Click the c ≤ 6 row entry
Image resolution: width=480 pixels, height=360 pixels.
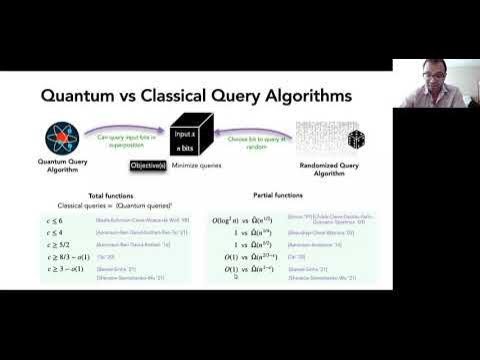(x=52, y=218)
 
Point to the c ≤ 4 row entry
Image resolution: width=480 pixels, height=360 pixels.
(x=52, y=231)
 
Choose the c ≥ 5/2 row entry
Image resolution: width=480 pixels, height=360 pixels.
(x=55, y=244)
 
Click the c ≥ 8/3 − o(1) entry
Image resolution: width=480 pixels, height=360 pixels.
(x=65, y=257)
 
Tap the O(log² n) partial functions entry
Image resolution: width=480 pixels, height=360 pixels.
(x=226, y=218)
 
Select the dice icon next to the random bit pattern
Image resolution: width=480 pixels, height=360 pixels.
(x=356, y=139)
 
